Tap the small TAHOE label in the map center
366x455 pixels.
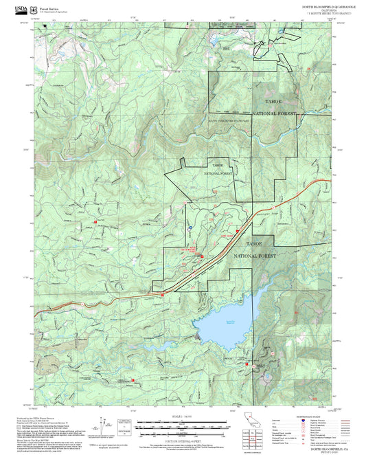218,165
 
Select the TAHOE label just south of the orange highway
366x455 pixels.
253,244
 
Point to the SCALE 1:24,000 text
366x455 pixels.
181,416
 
